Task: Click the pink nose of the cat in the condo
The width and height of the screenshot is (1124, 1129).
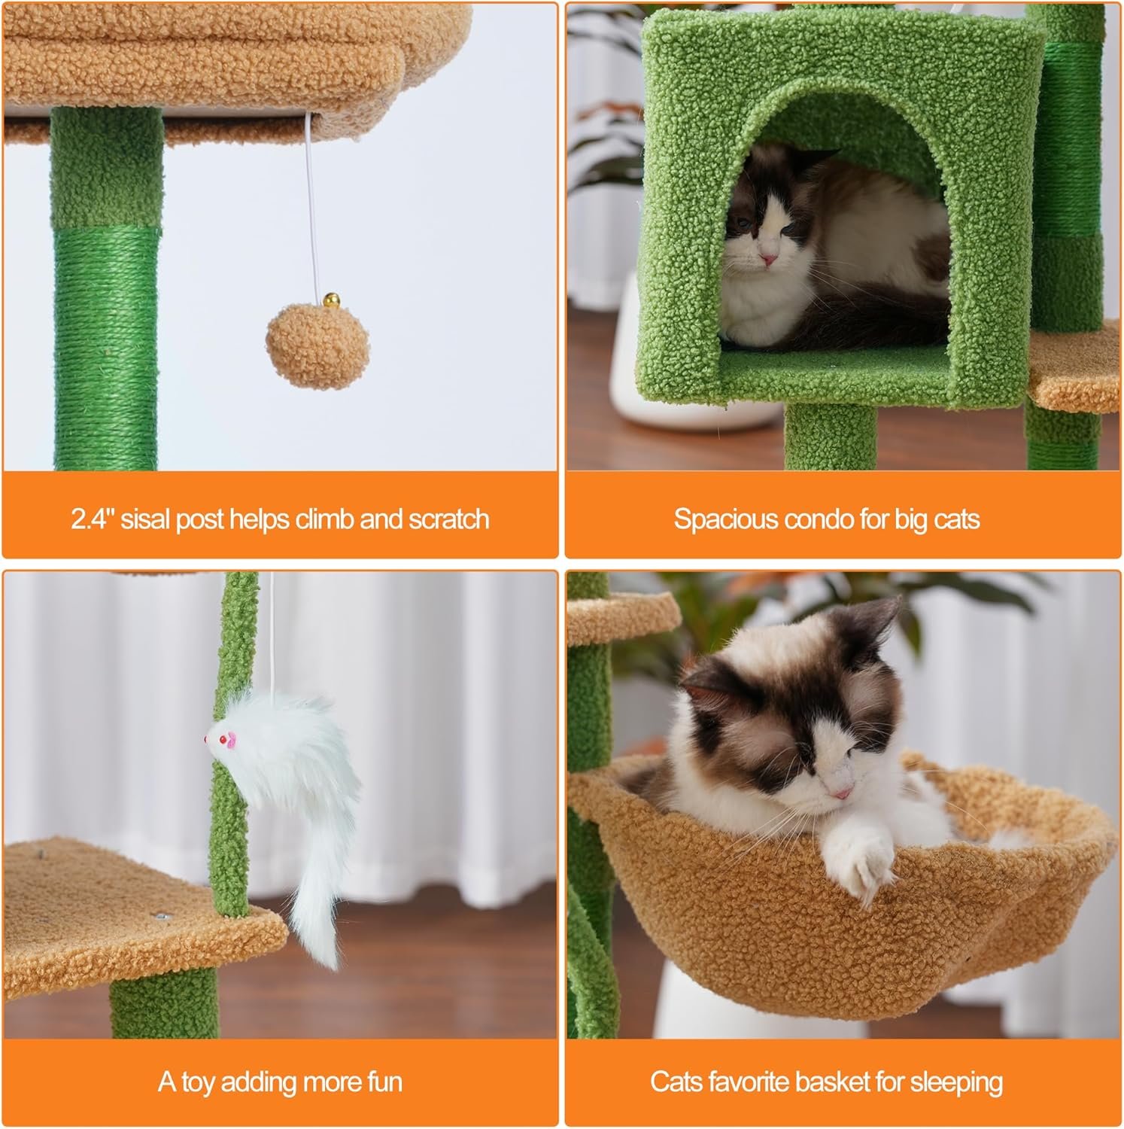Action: pyautogui.click(x=768, y=259)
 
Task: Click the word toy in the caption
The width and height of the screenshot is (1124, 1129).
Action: pyautogui.click(x=198, y=1082)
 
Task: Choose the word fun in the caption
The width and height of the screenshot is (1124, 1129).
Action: pyautogui.click(x=384, y=1082)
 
